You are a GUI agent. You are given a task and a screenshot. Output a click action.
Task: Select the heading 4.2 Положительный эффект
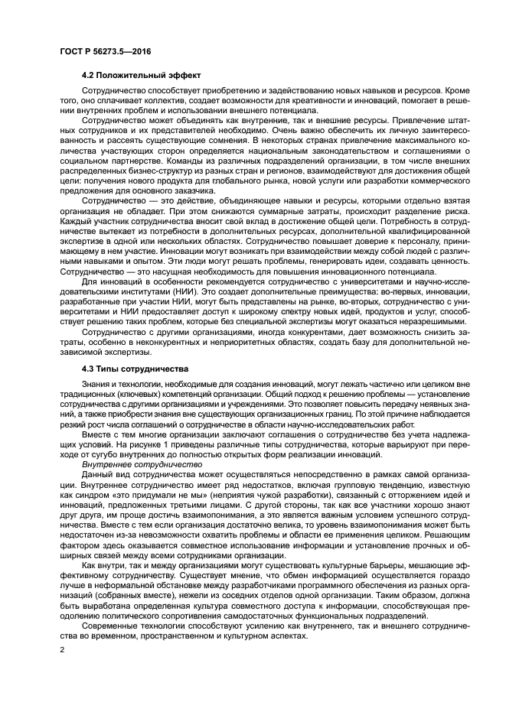(x=141, y=76)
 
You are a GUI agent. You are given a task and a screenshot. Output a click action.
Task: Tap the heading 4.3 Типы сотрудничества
(x=129, y=368)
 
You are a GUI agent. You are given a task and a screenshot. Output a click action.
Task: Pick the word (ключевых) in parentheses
(x=135, y=397)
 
